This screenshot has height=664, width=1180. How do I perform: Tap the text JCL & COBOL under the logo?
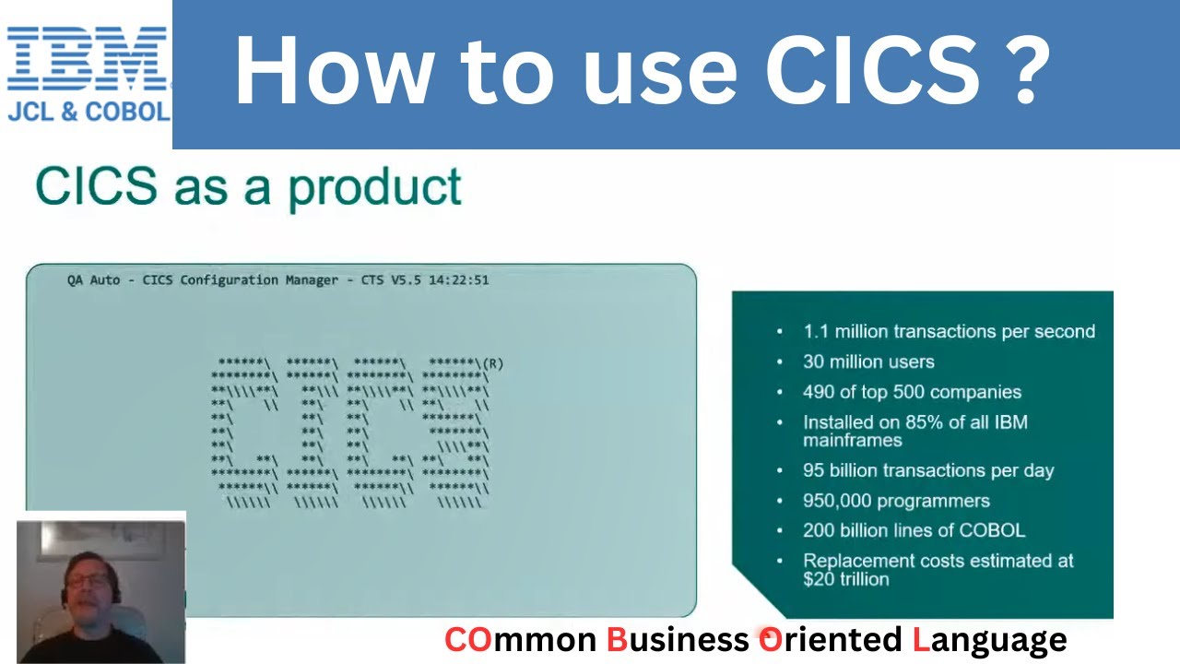(x=88, y=112)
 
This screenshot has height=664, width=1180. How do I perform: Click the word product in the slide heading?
(x=374, y=187)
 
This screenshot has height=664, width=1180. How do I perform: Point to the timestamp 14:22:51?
(x=457, y=279)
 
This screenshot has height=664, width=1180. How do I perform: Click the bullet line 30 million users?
(x=868, y=362)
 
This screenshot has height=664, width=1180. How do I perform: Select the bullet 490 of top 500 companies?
(x=912, y=392)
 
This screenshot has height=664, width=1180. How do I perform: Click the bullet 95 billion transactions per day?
(x=927, y=470)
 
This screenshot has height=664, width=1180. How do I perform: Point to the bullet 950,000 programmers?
(x=896, y=501)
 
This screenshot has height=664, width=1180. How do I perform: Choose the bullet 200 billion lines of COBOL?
(x=914, y=530)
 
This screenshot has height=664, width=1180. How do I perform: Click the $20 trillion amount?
(x=845, y=579)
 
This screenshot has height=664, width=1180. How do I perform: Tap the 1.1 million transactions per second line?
(x=949, y=331)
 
